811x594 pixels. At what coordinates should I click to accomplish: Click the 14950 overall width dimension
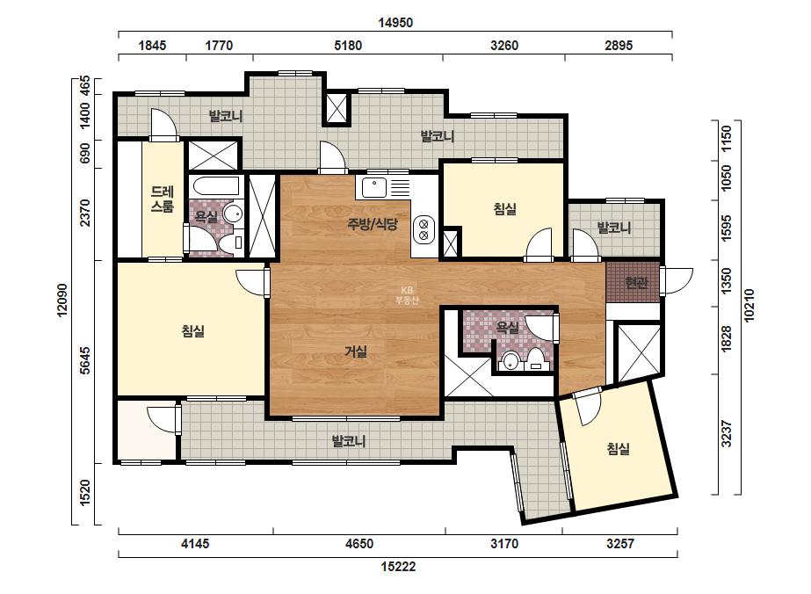click(x=395, y=23)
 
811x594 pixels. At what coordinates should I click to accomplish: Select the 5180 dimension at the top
click(x=348, y=46)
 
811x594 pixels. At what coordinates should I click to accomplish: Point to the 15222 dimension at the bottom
click(x=398, y=567)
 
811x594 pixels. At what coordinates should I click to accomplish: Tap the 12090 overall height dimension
click(x=62, y=301)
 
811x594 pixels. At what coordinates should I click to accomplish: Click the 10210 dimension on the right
click(x=749, y=305)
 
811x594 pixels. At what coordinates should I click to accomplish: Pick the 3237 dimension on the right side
click(x=727, y=434)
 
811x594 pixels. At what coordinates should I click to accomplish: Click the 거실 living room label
click(x=356, y=351)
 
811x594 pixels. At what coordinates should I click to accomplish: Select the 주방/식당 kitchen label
click(x=373, y=224)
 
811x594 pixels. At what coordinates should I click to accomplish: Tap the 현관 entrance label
click(x=635, y=283)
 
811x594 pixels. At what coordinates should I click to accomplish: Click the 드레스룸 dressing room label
click(x=162, y=199)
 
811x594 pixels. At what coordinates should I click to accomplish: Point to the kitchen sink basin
click(x=374, y=187)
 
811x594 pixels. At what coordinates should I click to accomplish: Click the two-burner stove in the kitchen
click(x=424, y=229)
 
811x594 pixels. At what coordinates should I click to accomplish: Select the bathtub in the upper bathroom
click(x=214, y=185)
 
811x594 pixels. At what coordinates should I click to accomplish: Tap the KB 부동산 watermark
click(x=407, y=295)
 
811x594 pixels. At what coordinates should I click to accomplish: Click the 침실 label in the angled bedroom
click(x=618, y=448)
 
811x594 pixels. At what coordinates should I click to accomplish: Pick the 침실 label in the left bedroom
click(x=193, y=330)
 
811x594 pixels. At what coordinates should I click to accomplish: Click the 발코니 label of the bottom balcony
click(x=349, y=441)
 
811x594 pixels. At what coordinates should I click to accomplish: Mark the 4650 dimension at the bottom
click(x=359, y=544)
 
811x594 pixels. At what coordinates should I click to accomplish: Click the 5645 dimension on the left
click(x=85, y=360)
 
